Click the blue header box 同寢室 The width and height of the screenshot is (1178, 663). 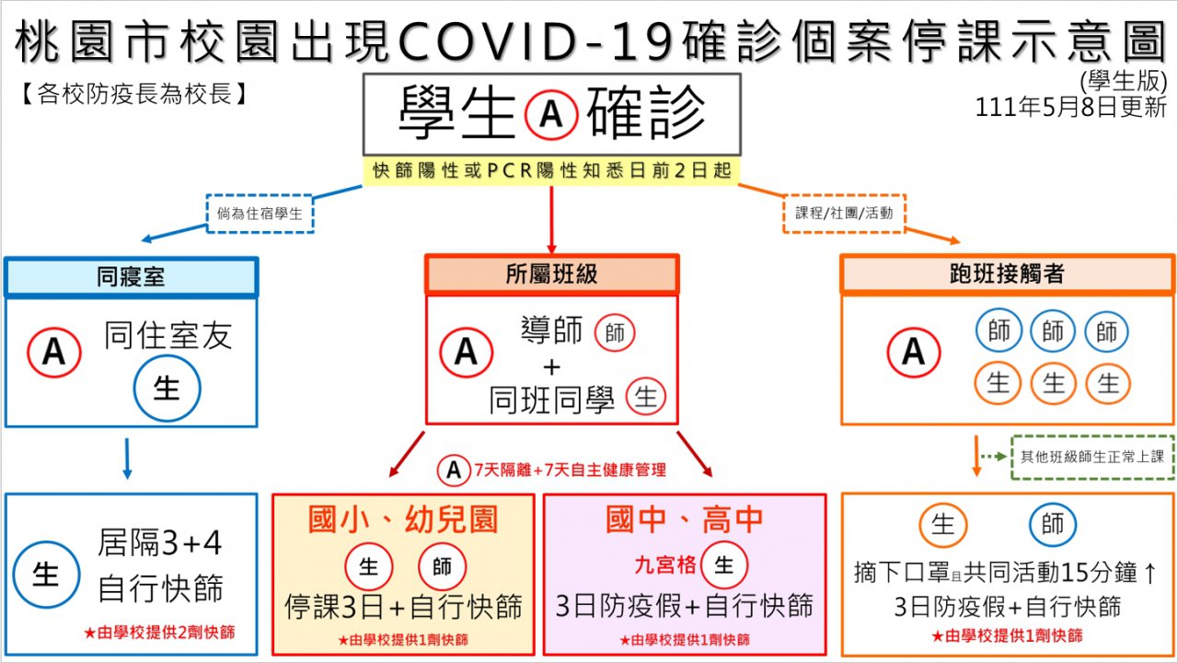pyautogui.click(x=131, y=276)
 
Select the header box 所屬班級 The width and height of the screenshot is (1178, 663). pyautogui.click(x=551, y=274)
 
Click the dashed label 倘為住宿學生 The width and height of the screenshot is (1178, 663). pyautogui.click(x=260, y=214)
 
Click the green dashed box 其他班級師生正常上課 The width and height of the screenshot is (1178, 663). pyautogui.click(x=1092, y=456)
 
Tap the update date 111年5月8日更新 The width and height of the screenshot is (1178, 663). pyautogui.click(x=1071, y=108)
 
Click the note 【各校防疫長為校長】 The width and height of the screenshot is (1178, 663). pyautogui.click(x=133, y=94)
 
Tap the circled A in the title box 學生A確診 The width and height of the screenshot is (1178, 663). pyautogui.click(x=550, y=114)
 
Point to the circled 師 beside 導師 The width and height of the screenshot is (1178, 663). pyautogui.click(x=615, y=332)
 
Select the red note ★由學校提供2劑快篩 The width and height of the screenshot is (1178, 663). pyautogui.click(x=158, y=633)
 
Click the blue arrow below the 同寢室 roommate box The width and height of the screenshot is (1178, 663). pyautogui.click(x=127, y=459)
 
